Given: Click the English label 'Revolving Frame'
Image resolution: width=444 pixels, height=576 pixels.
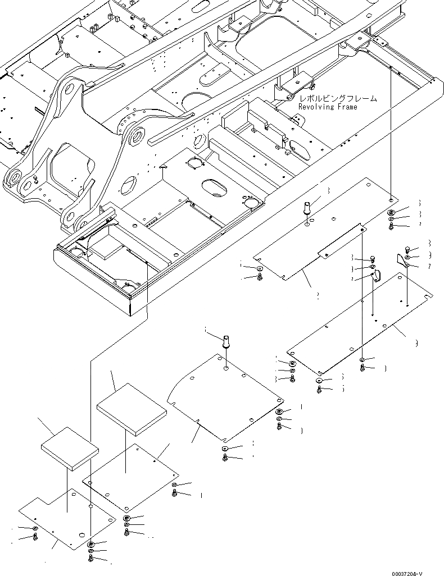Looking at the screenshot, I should coord(327,107).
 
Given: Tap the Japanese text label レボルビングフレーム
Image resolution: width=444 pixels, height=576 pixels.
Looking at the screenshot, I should coord(337,98).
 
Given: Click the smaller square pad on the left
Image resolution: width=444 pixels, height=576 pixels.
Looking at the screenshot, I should coord(70,447).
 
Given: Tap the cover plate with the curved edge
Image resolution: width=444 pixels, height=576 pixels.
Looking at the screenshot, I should coord(225,401).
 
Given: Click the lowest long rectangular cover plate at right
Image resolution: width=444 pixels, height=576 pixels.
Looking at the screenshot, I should coord(360,326).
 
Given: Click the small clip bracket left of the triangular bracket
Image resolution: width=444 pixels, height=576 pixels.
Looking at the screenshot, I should coord(377,275).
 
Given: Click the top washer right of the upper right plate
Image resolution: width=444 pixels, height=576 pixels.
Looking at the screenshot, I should coord(391,212).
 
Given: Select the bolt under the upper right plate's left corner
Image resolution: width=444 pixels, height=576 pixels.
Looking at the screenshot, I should coord(260,277).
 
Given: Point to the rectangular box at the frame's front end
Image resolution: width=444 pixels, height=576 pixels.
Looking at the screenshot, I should coord(96,281).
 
